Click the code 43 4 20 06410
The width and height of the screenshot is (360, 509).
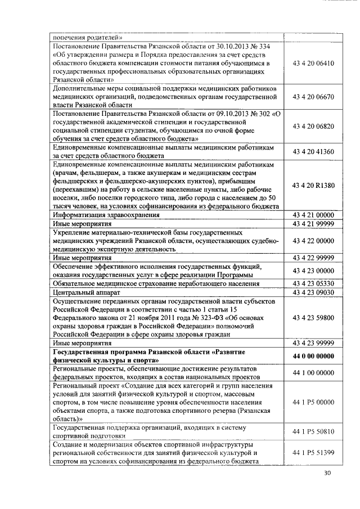tap(313, 64)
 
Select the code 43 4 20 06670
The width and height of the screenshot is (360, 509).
tap(313, 97)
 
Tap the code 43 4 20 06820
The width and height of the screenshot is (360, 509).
tap(313, 126)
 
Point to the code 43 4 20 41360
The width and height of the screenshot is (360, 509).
tap(313, 151)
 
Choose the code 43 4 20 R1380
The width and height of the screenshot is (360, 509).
tap(313, 186)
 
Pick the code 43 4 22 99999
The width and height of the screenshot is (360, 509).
tap(313, 258)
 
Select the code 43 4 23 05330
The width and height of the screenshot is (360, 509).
tap(313, 283)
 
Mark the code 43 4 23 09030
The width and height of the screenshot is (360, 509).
tap(313, 292)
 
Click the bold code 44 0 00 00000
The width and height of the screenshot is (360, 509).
tap(313, 356)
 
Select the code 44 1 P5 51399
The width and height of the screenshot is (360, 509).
tap(313, 453)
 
